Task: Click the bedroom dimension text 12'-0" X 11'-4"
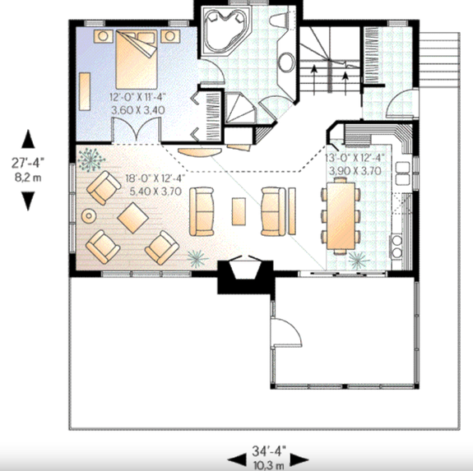pyautogui.click(x=137, y=96)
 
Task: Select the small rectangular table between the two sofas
pyautogui.click(x=239, y=210)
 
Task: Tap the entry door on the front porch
pyautogui.click(x=285, y=333)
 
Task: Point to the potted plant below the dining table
pyautogui.click(x=358, y=261)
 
